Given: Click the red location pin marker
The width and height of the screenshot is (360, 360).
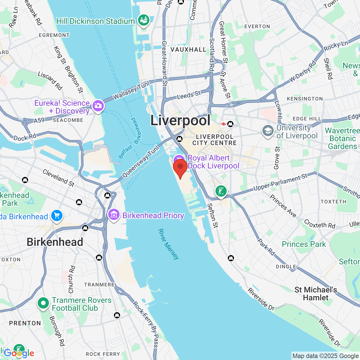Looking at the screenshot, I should tap(180, 167).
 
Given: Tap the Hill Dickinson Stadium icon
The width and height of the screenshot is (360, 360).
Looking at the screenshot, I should tap(143, 21).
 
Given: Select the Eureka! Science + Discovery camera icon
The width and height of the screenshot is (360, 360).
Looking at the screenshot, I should tap(98, 106).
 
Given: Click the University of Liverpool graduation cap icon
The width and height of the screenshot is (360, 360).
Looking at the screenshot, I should tap(268, 131).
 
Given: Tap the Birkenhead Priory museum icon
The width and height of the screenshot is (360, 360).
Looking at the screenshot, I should tap(114, 215).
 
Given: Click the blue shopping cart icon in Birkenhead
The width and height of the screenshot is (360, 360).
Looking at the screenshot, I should tap(57, 216).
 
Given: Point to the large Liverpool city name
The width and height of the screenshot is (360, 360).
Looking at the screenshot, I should tap(180, 120).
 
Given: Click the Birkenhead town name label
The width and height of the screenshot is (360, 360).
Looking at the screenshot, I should tap(55, 242).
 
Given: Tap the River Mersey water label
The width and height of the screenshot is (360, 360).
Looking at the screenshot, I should tap(168, 244).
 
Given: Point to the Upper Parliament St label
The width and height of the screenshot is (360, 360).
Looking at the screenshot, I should tap(280, 182).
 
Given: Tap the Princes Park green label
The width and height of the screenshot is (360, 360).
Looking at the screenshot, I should tap(304, 244).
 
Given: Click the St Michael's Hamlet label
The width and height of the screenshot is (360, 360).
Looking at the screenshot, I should tap(316, 294).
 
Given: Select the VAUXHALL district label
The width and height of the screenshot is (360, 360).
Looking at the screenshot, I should tap(188, 49).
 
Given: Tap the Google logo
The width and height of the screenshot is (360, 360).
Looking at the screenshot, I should tap(19, 353).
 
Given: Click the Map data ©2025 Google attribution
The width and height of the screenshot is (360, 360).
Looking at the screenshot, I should tap(325, 356).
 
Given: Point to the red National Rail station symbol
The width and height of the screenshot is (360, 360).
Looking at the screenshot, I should tap(224, 124).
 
